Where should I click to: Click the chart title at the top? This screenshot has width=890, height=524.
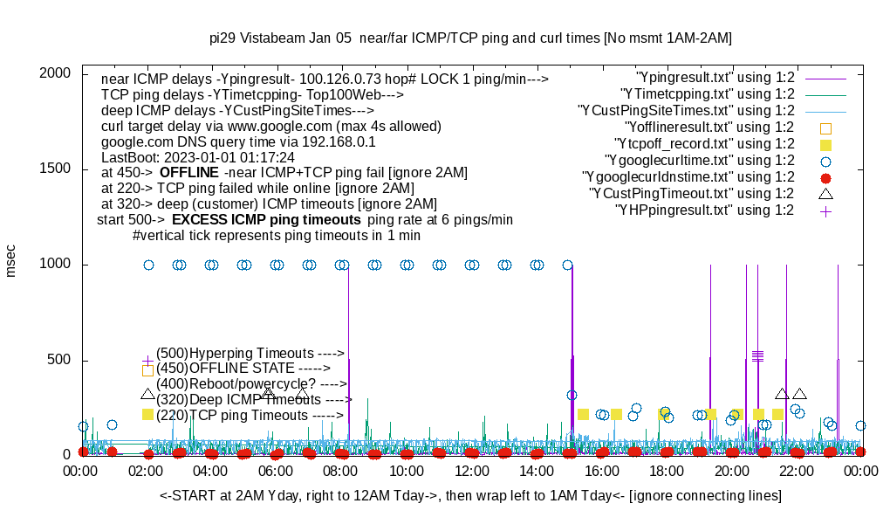[470, 38]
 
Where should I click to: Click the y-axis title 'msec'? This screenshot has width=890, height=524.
[11, 260]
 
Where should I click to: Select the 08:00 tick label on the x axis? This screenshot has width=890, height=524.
[341, 472]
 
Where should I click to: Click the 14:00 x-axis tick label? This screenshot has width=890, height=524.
[536, 472]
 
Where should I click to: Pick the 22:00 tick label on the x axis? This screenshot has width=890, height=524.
[796, 472]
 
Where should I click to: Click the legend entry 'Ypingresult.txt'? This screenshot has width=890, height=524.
[715, 77]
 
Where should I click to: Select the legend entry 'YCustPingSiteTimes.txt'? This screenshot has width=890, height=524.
[686, 110]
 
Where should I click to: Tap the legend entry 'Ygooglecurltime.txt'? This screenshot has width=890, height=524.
[699, 160]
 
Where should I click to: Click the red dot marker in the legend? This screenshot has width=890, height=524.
[825, 177]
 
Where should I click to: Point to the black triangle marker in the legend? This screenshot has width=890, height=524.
[825, 193]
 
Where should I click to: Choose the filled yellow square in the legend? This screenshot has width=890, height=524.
[825, 144]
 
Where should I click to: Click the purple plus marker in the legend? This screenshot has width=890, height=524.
[825, 210]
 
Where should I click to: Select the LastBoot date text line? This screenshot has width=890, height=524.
[198, 157]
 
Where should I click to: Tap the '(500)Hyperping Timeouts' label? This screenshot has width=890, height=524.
[250, 353]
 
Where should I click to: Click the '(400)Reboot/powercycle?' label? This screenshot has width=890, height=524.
[251, 383]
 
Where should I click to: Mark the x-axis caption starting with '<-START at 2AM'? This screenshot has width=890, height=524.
[470, 496]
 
